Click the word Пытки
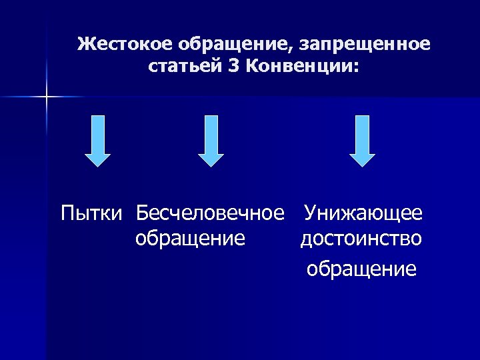[x=92, y=214]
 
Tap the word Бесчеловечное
[x=210, y=214]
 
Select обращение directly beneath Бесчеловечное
[x=190, y=238]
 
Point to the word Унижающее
[x=363, y=214]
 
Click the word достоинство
[x=361, y=238]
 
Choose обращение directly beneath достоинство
[x=361, y=269]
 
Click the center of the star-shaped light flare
[x=47, y=97]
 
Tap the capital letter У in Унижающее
[x=310, y=214]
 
